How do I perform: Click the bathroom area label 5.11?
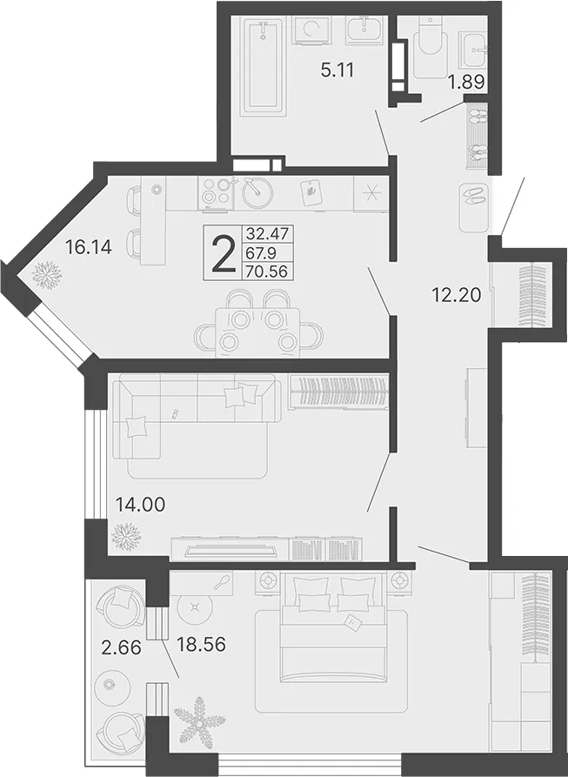337,70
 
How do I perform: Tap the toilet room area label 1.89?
466,82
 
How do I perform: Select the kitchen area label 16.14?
89,246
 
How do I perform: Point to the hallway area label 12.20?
457,296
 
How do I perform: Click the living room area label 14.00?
140,505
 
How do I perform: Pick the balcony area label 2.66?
121,646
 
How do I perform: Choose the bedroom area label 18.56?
202,644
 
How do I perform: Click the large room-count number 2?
224,254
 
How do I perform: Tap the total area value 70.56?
266,271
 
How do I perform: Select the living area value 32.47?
266,233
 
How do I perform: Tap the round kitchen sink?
257,192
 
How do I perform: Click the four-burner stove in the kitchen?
217,192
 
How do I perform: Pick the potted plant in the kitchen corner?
46,274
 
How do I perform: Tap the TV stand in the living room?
267,548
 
